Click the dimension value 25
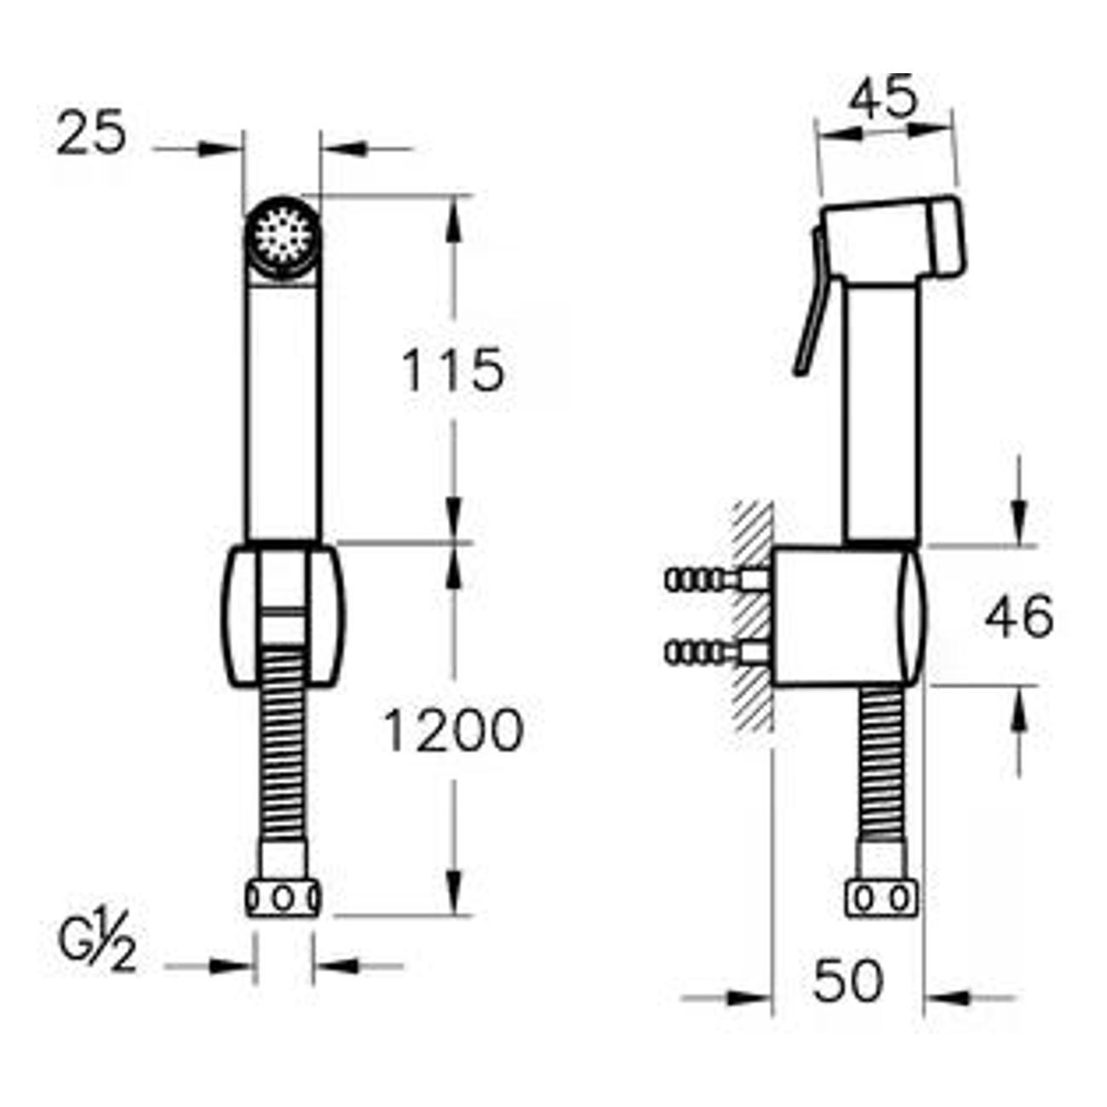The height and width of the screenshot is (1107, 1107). click(91, 133)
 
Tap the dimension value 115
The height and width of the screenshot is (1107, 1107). click(453, 370)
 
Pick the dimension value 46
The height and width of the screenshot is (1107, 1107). click(1019, 618)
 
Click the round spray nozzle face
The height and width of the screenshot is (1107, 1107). click(283, 235)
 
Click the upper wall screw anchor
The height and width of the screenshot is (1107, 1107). click(716, 580)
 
